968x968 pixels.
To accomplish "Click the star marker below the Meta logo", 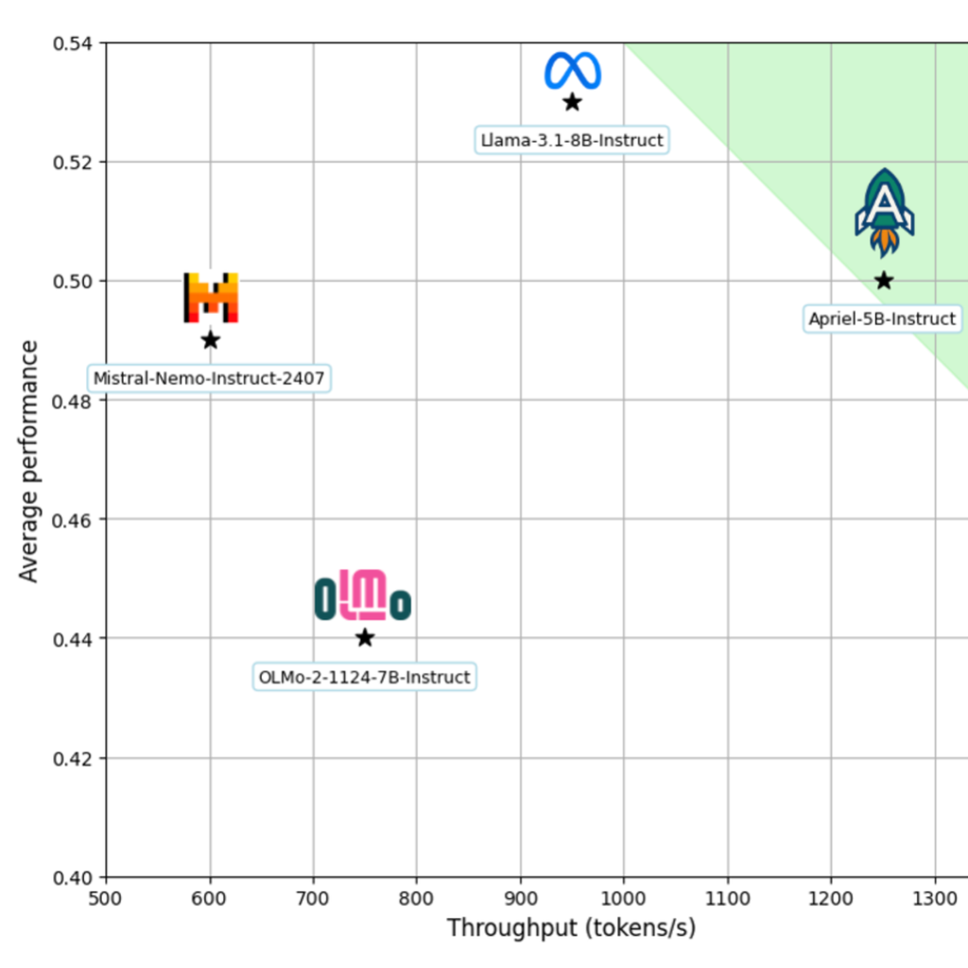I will (572, 101).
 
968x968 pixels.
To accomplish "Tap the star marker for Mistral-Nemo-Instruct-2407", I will (210, 339).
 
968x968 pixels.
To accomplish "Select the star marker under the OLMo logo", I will (365, 638).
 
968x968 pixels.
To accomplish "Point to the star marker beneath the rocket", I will (884, 280).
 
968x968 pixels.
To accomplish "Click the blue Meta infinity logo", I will (573, 71).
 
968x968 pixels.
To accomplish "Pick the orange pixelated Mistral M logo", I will (210, 298).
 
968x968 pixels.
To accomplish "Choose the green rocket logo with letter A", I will (885, 213).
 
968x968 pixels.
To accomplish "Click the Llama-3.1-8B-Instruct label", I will (572, 140).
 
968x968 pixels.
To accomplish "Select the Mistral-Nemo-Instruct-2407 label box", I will (209, 379).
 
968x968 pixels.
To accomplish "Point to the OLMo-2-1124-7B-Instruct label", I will (364, 677).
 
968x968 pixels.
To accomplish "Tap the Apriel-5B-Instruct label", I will (882, 319).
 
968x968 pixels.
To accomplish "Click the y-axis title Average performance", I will (29, 461).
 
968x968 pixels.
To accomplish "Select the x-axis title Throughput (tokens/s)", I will (571, 928).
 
